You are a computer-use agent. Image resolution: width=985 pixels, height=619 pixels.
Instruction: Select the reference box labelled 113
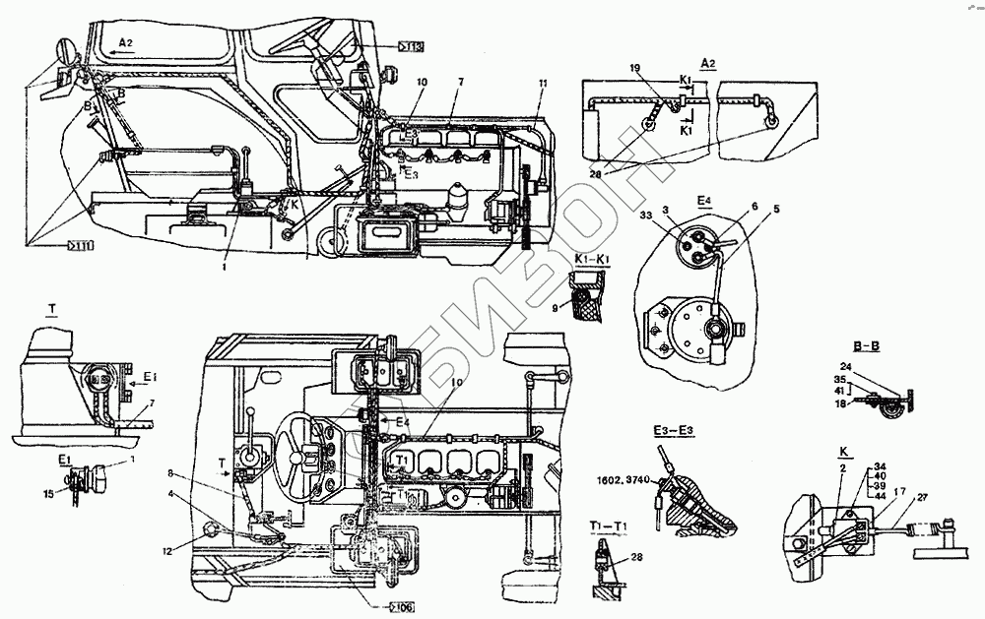pos(411,45)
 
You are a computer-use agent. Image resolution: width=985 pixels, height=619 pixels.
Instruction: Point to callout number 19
pos(636,67)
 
